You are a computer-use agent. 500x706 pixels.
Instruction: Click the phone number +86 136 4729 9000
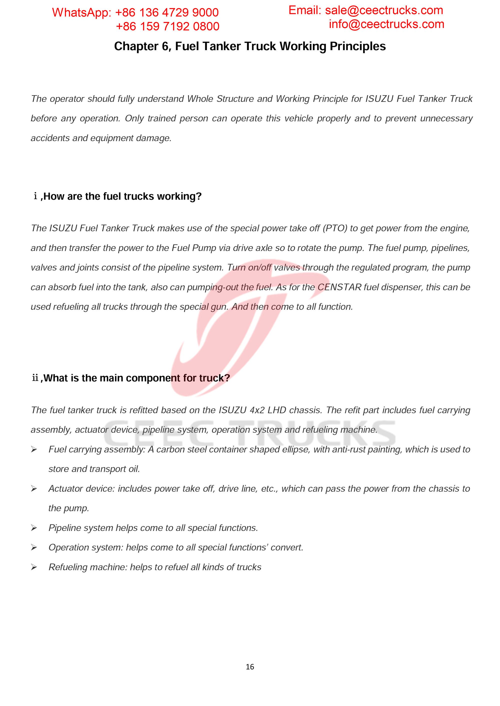click(166, 12)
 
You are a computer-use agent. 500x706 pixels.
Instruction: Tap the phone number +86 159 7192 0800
click(167, 26)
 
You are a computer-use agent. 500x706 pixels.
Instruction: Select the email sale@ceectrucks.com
click(384, 10)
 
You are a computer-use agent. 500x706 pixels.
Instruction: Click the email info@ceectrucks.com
click(386, 24)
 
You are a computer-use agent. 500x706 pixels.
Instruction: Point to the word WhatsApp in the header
click(81, 12)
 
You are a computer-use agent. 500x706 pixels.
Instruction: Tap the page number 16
click(250, 667)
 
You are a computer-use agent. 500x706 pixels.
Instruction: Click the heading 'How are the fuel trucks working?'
click(122, 196)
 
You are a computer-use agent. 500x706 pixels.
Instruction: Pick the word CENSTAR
click(339, 287)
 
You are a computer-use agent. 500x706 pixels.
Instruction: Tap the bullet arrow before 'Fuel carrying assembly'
click(34, 450)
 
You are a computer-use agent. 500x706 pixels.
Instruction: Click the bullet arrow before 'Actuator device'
click(34, 489)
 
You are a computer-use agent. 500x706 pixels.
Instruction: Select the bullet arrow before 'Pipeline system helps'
click(34, 528)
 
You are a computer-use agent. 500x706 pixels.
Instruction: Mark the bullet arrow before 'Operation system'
click(34, 548)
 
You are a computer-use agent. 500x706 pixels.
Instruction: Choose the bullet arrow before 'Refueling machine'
click(34, 567)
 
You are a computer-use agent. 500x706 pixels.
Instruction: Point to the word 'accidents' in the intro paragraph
click(50, 138)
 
